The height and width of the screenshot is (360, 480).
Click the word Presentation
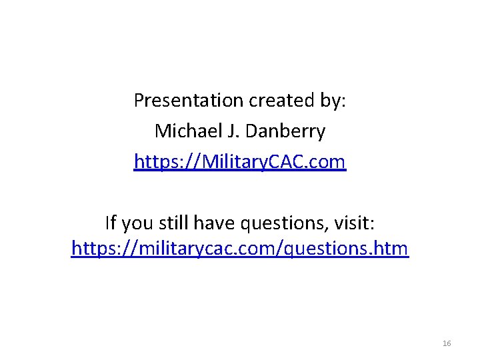point(189,101)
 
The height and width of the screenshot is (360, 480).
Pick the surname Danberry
point(285,131)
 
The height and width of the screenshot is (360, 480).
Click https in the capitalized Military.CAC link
point(152,162)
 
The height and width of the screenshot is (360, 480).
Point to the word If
point(111,222)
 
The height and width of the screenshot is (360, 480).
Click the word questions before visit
point(279,222)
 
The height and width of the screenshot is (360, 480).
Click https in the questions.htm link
point(89,249)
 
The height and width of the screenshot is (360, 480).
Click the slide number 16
point(447,343)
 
